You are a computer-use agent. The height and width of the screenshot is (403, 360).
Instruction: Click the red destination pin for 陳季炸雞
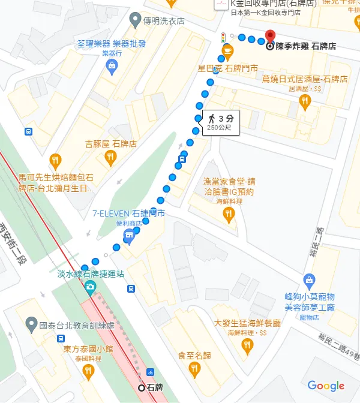coord(270,37)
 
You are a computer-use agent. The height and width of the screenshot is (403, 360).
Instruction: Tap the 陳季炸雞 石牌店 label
coord(305,46)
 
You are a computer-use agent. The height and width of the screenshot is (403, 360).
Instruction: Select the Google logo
coord(326,386)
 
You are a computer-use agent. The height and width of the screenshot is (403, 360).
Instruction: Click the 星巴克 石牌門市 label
coord(228,68)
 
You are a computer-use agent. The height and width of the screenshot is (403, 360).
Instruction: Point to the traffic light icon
coord(223,37)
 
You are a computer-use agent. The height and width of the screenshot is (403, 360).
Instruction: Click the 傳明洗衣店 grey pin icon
coord(135,20)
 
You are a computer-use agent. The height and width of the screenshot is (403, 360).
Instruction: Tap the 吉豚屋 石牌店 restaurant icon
coord(110,158)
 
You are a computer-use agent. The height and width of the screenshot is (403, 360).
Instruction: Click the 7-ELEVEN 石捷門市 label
coord(128,213)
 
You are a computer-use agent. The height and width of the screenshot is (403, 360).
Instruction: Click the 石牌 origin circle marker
coord(142,387)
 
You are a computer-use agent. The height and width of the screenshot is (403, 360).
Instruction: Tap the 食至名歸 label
coord(194,356)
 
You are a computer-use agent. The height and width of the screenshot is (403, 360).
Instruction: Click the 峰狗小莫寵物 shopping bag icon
coord(309,279)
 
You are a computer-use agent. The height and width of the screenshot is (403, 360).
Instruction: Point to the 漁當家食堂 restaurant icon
coord(228,215)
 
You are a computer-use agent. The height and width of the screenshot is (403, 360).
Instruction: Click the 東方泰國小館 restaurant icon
coord(89,371)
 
